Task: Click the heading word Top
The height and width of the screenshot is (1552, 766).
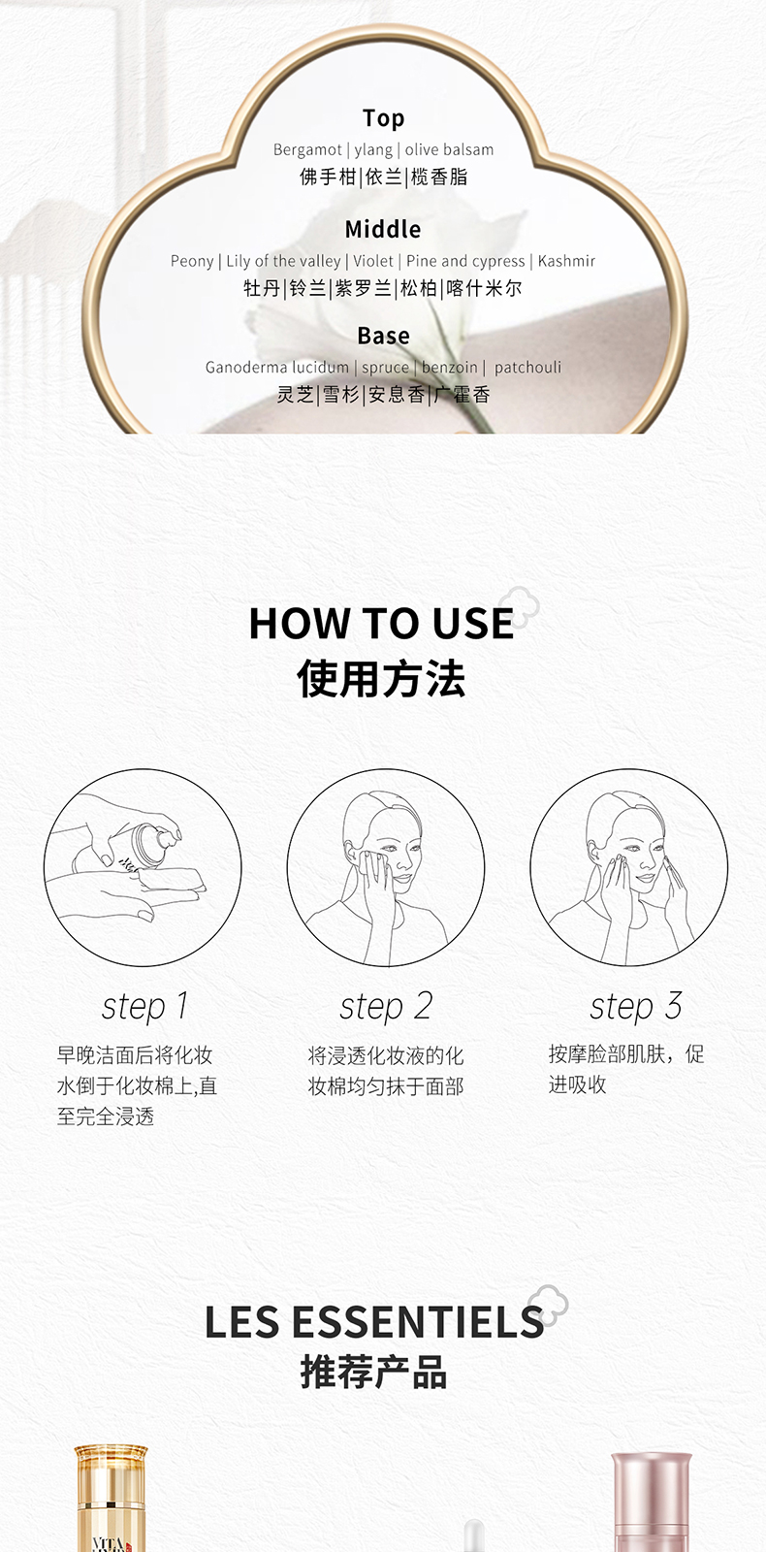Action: (383, 118)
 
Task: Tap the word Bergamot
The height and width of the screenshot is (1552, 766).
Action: (307, 149)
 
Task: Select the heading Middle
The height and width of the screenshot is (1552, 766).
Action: (383, 230)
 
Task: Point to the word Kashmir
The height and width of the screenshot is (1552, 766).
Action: (566, 261)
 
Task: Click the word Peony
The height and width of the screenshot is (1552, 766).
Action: (192, 261)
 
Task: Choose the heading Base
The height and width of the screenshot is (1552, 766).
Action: (383, 337)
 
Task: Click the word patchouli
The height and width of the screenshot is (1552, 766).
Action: (527, 368)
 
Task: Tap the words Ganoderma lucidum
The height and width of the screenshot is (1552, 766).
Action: (277, 368)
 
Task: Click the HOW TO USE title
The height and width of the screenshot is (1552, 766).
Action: (381, 624)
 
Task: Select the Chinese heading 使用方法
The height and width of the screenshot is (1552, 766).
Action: (381, 679)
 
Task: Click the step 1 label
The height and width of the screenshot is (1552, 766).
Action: (144, 1007)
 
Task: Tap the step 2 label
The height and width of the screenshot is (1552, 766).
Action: (386, 1007)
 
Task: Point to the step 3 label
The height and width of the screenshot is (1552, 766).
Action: (636, 1007)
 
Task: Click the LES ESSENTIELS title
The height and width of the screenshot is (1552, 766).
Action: (373, 1323)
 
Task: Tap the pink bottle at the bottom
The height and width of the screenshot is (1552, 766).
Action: (650, 1503)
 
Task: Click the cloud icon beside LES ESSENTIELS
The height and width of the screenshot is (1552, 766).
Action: (548, 1305)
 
